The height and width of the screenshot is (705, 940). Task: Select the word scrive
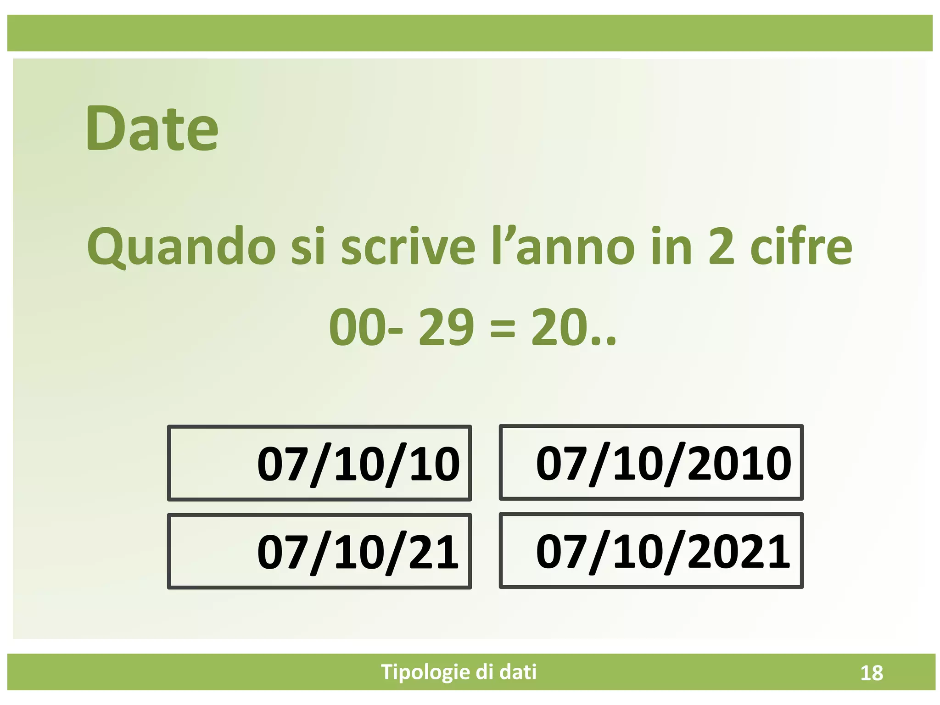click(x=408, y=247)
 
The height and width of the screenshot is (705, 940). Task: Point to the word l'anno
click(x=563, y=247)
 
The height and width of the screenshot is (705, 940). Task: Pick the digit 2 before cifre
click(x=722, y=247)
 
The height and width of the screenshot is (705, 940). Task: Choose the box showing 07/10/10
click(x=319, y=463)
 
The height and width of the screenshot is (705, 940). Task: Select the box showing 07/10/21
click(x=319, y=551)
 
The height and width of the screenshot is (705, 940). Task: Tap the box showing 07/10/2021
click(x=651, y=551)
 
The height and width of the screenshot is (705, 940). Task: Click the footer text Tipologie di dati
click(x=459, y=672)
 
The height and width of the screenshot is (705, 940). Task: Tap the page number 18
click(x=871, y=673)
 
